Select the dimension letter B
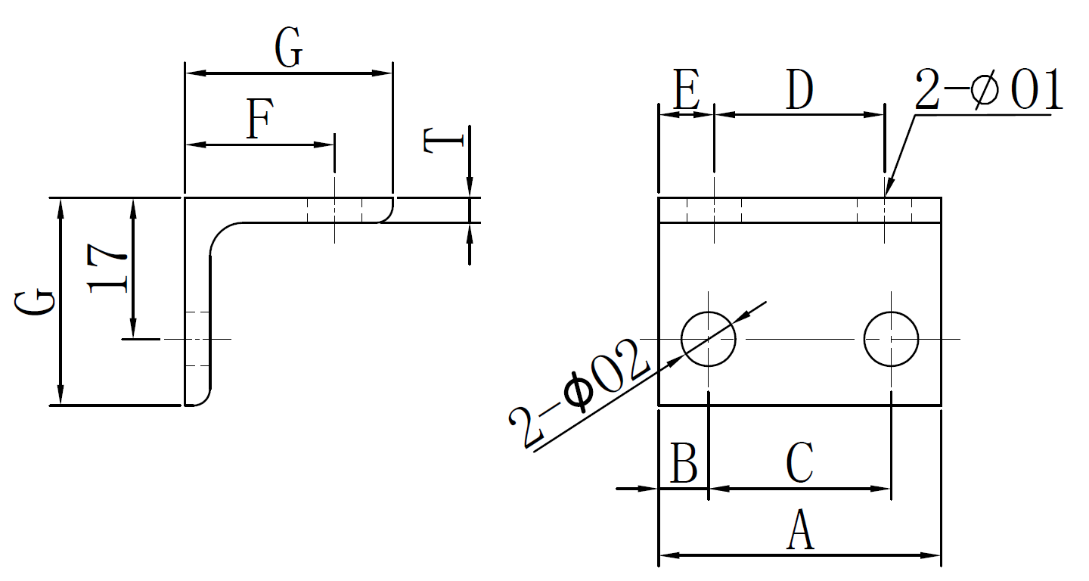click(x=684, y=464)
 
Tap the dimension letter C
click(x=800, y=463)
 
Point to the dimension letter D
click(x=799, y=90)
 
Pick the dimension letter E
click(x=685, y=91)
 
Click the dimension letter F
click(x=259, y=120)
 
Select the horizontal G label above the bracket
click(x=288, y=50)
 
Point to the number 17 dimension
click(x=107, y=268)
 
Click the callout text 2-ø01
click(x=988, y=91)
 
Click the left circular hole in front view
click(x=709, y=339)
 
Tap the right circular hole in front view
click(x=892, y=339)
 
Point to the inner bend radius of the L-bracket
click(x=221, y=235)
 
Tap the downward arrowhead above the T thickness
click(x=470, y=189)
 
